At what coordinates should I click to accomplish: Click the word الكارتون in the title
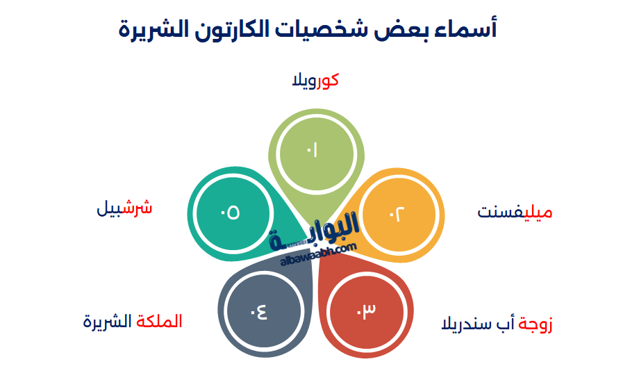[x=240, y=29]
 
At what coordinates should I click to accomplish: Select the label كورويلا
[x=315, y=81]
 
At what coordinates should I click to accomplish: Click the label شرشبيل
[x=124, y=208]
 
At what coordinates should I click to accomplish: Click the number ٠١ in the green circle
[x=311, y=150]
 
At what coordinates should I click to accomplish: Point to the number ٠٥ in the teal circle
[x=230, y=213]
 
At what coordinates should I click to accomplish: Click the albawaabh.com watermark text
[x=319, y=255]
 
